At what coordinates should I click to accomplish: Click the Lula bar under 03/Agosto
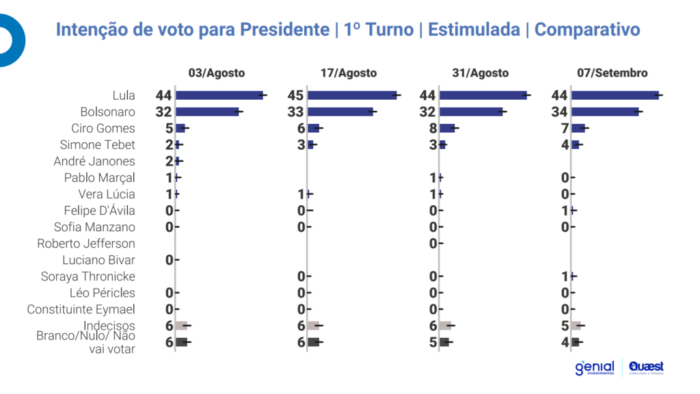(x=219, y=95)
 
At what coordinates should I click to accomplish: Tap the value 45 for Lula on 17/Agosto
(x=296, y=95)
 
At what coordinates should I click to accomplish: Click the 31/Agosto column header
(x=481, y=73)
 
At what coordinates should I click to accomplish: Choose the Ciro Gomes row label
(x=103, y=128)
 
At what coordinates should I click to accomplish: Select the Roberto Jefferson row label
(x=86, y=244)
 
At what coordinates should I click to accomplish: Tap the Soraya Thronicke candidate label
(x=88, y=276)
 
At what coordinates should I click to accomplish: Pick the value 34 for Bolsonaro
(x=559, y=111)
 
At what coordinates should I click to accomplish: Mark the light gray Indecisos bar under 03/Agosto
(x=181, y=326)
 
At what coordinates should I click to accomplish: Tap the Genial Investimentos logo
(x=595, y=368)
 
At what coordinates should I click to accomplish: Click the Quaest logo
(x=646, y=368)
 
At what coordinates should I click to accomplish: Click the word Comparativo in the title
(x=587, y=30)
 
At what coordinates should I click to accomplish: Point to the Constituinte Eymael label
(x=81, y=309)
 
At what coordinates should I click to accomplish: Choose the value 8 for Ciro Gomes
(x=432, y=128)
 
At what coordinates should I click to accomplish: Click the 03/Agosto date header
(x=217, y=73)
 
